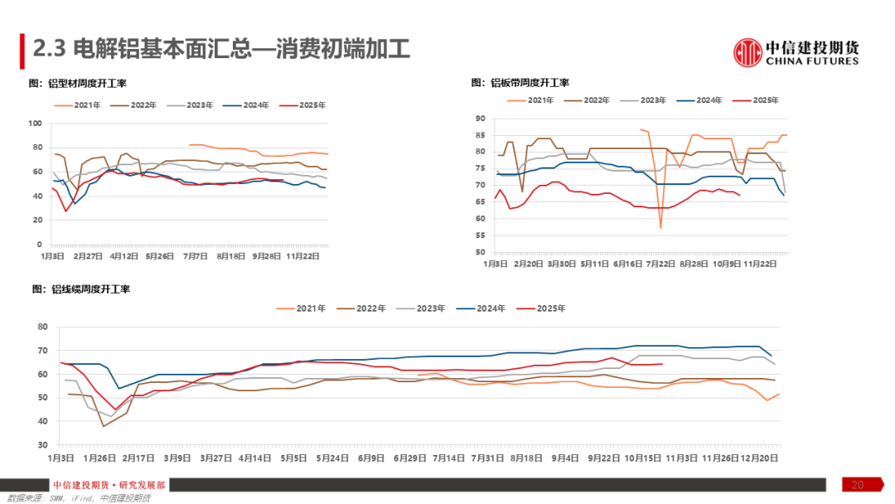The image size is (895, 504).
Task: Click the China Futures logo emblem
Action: coord(747,52)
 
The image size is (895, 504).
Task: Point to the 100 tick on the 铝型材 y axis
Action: coord(35,124)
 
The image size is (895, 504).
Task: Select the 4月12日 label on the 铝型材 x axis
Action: coord(125,257)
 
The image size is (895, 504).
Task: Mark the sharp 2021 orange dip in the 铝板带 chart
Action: coord(660,226)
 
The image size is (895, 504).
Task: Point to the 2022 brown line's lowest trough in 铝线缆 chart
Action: coord(104,426)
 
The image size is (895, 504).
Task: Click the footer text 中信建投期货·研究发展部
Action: coord(109,485)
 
